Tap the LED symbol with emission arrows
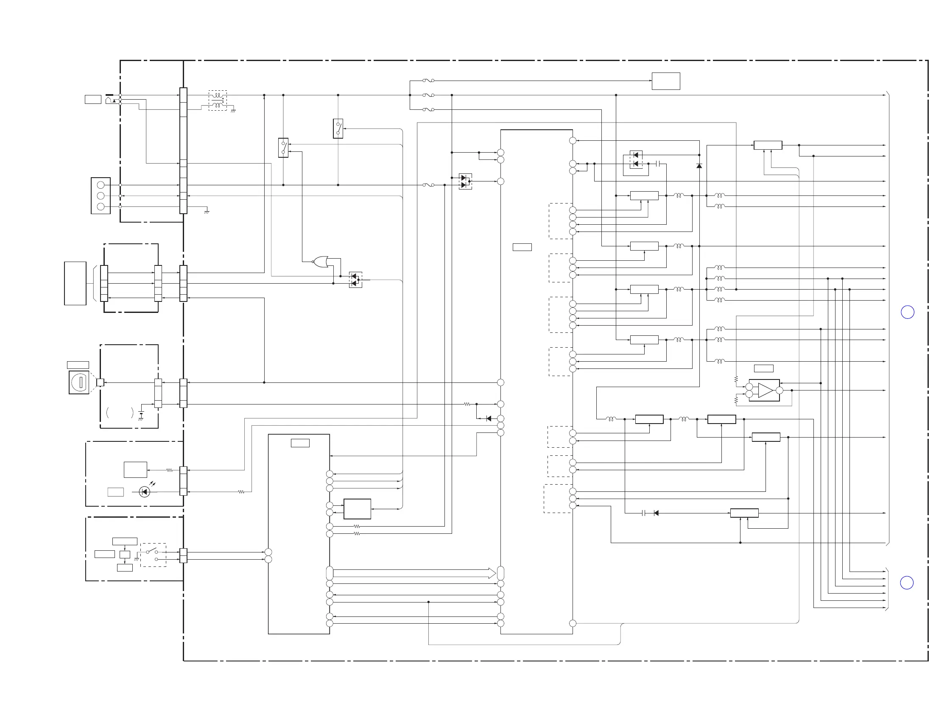coord(145,491)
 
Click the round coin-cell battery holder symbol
coord(79,382)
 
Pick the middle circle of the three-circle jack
coord(101,196)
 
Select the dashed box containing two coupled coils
coord(218,100)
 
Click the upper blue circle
coord(907,312)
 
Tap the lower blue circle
coord(907,583)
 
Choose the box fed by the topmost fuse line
coord(666,81)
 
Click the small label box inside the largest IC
coord(522,247)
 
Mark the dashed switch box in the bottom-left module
coord(154,555)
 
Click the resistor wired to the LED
coord(241,491)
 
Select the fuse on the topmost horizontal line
coord(428,80)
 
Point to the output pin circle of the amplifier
coord(780,390)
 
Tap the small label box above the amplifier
coord(764,368)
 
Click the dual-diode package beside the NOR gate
coord(355,280)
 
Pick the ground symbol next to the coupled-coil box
coord(233,111)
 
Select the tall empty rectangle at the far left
coord(75,283)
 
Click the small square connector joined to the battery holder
coord(100,382)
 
